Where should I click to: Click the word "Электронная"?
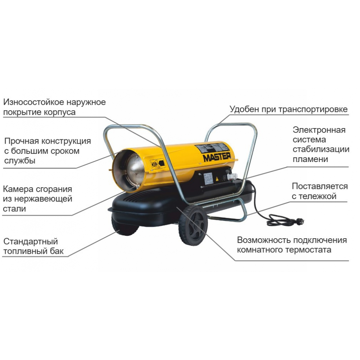click(x=319, y=130)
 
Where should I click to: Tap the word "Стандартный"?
click(x=31, y=241)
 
